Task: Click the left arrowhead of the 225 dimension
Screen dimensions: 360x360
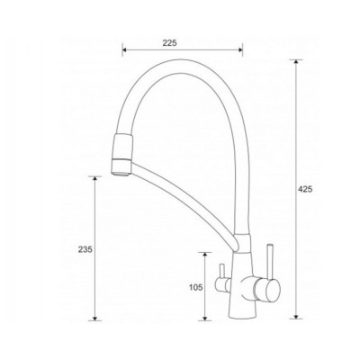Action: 124,50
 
